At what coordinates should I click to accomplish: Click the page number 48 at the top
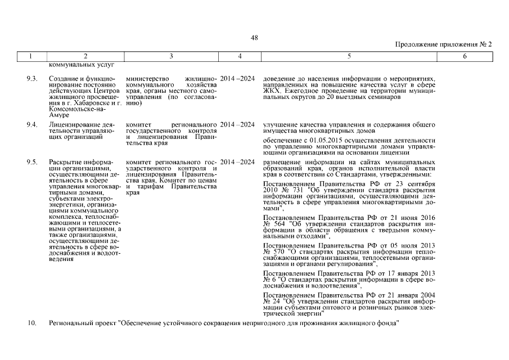[x=254, y=37]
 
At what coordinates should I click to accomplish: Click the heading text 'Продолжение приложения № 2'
[x=444, y=44]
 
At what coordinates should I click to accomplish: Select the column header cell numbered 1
[x=31, y=56]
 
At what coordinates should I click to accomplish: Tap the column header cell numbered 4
[x=240, y=56]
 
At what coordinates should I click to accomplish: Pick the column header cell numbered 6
[x=465, y=56]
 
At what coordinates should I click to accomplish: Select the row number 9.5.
[x=32, y=162]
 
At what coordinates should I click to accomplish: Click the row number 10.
[x=32, y=323]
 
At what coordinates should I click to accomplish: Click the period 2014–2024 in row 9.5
[x=238, y=162]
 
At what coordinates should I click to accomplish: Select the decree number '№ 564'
[x=271, y=223]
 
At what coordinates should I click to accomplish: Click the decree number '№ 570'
[x=271, y=251]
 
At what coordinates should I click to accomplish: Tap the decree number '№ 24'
[x=269, y=301]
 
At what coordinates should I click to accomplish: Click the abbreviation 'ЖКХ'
[x=273, y=91]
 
